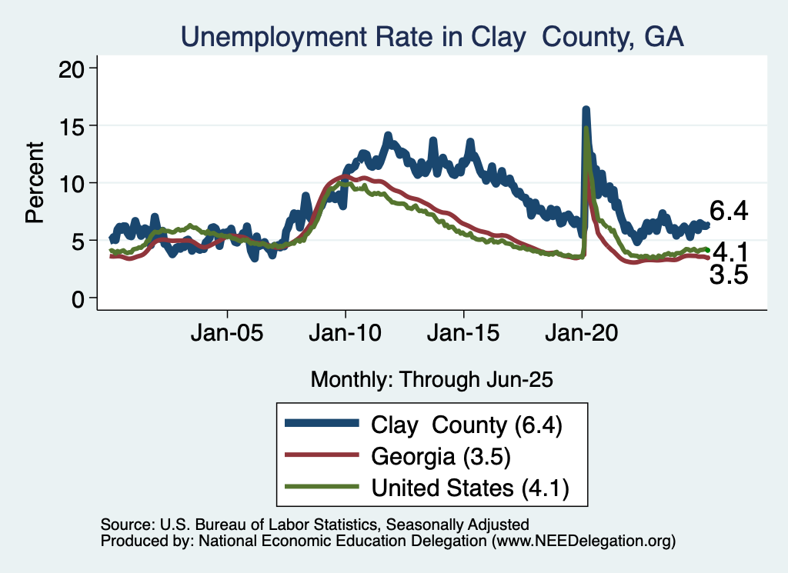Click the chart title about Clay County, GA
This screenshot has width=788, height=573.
432,36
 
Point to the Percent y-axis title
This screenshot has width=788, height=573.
34,182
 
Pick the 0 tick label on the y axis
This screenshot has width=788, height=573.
78,298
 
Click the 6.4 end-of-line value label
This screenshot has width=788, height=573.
729,211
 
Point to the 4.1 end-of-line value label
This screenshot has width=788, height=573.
729,252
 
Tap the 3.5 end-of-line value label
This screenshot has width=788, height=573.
729,275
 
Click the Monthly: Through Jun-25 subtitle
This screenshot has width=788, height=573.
432,378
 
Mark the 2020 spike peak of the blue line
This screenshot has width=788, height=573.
586,111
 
